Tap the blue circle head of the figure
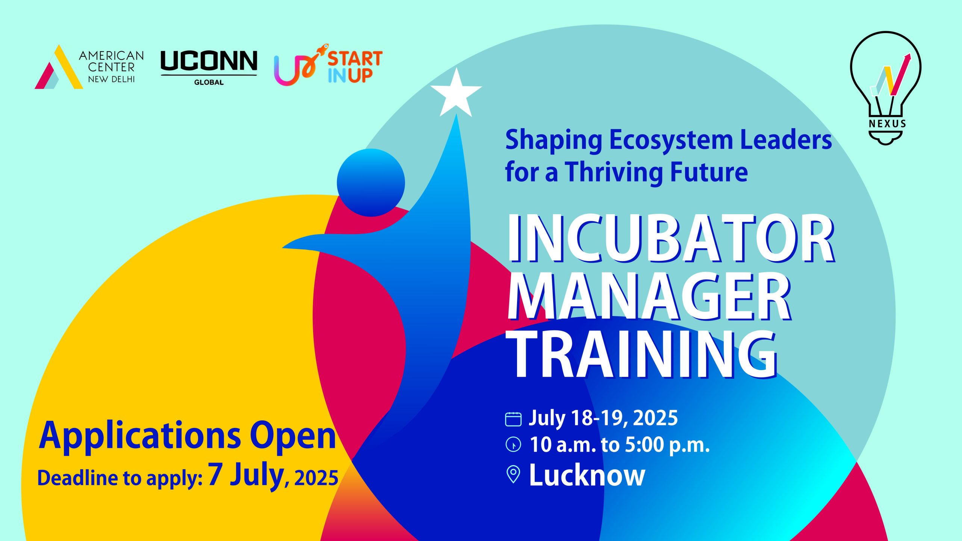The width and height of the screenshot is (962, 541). (371, 183)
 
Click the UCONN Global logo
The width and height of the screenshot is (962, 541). (209, 67)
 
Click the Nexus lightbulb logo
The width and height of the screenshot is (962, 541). (885, 86)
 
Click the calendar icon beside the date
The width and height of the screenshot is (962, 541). (513, 419)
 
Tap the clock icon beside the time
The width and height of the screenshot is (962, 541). (513, 444)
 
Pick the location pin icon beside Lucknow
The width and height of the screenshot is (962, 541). (513, 475)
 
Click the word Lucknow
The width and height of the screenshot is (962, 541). (587, 475)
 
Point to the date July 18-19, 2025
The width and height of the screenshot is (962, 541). (603, 418)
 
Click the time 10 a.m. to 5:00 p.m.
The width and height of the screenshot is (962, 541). (619, 445)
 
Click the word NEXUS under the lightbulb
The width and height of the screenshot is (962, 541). (887, 124)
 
